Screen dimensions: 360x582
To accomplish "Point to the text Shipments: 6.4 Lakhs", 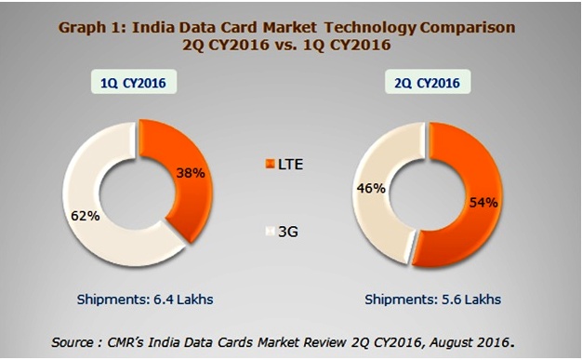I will click(x=136, y=300).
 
